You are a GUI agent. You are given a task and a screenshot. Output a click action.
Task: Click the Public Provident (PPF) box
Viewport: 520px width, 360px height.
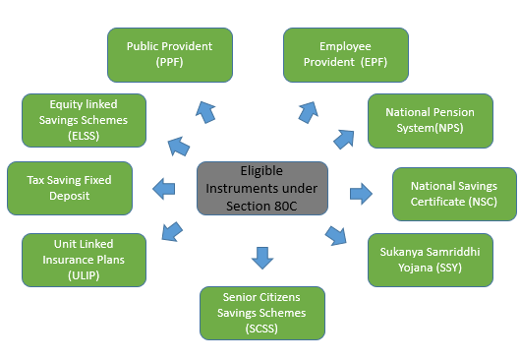click(170, 55)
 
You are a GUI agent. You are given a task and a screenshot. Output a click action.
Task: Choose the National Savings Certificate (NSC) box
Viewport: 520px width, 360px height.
click(453, 194)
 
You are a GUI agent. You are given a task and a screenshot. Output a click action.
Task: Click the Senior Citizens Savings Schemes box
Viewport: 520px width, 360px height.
click(262, 313)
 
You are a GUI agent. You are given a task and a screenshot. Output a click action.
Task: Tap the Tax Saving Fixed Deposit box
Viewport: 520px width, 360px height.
click(71, 188)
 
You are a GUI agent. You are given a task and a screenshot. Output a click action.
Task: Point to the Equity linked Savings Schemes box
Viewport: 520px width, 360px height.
click(85, 120)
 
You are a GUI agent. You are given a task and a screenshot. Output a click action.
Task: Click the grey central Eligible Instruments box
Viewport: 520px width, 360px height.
click(260, 187)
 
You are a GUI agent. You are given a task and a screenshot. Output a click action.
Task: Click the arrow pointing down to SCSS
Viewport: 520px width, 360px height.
click(262, 258)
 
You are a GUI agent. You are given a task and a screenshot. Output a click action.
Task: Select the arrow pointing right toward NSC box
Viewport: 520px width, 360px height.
click(362, 192)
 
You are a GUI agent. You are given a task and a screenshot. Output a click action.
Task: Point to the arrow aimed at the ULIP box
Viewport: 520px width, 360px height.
click(171, 231)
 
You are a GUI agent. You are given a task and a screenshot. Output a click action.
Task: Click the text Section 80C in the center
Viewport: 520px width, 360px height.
click(260, 203)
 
